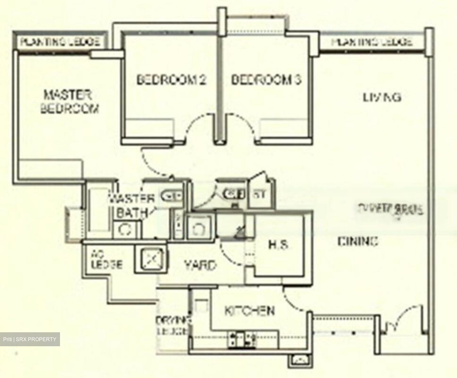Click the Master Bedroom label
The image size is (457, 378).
coord(69,102)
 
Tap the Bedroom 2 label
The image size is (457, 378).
coord(171,79)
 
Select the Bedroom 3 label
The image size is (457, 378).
coord(266,79)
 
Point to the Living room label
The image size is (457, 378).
coord(382,97)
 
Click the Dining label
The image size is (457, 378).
coord(358,242)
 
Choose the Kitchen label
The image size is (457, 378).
coord(249,311)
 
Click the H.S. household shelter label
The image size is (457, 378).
coord(278,245)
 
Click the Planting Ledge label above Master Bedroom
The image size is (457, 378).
coord(61,41)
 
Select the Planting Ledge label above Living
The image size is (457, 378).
coord(372,42)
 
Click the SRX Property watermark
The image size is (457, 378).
coord(30,339)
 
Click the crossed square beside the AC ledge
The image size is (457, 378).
coord(152,259)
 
